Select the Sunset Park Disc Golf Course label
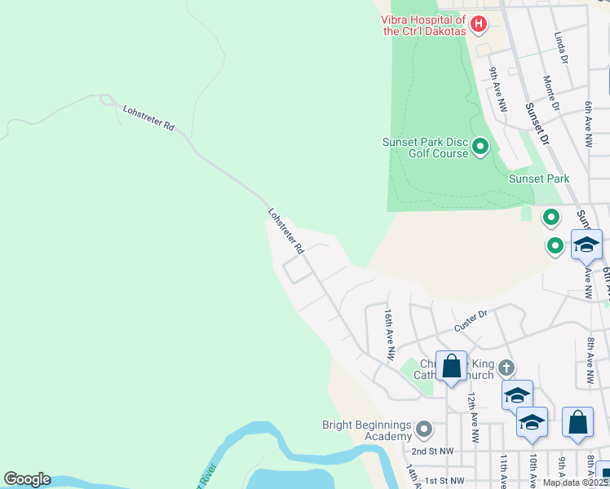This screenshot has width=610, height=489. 426,148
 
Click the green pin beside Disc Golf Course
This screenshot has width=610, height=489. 480,147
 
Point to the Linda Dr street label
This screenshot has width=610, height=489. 560,48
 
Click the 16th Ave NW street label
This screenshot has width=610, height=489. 390,334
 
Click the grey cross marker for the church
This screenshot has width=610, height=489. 506,368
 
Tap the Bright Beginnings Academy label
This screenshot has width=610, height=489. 367,430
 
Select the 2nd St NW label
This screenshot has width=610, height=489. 431,451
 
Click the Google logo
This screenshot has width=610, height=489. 27,479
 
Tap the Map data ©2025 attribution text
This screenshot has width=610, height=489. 575,482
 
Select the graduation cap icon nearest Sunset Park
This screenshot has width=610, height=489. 586,244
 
